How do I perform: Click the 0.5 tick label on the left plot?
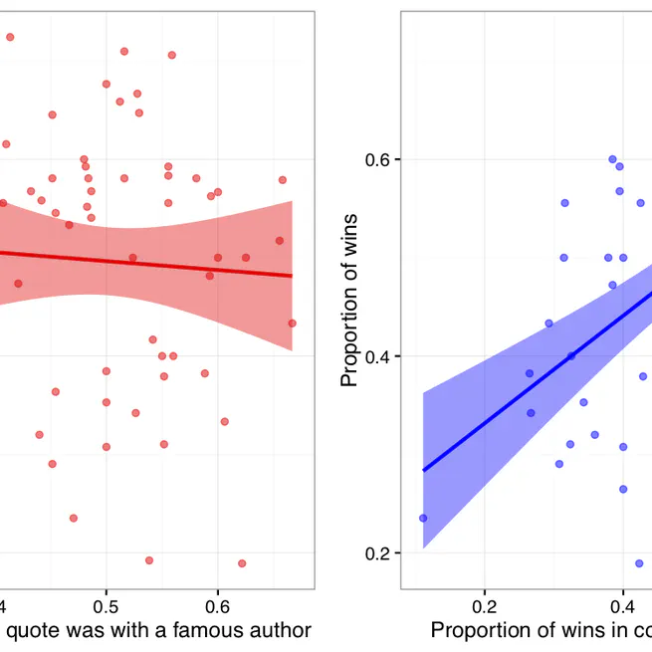pyautogui.click(x=107, y=605)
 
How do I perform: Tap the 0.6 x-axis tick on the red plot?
pyautogui.click(x=218, y=605)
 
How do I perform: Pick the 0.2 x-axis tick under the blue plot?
pyautogui.click(x=485, y=605)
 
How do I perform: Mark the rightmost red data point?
pyautogui.click(x=292, y=324)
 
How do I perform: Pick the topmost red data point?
pyautogui.click(x=10, y=37)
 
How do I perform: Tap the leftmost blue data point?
pyautogui.click(x=423, y=518)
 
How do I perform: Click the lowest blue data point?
pyautogui.click(x=639, y=563)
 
